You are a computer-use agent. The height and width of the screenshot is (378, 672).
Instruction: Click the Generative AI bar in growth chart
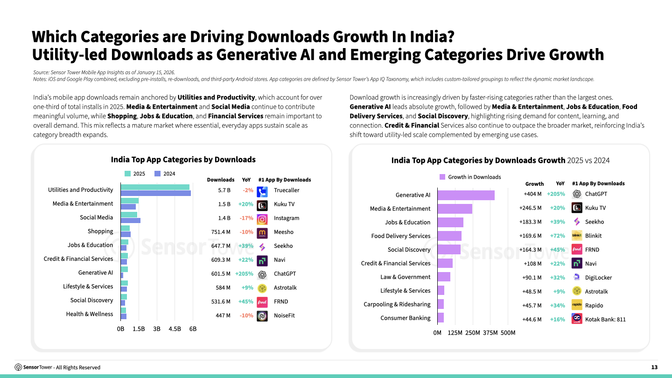(x=466, y=195)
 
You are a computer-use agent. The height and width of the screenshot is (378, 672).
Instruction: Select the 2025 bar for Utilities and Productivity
(x=155, y=187)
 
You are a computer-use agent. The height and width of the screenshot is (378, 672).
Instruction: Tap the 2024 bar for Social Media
(x=130, y=220)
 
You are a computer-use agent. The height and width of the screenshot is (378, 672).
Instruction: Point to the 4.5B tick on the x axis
(x=175, y=329)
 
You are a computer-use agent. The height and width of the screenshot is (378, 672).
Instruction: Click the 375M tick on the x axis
(x=490, y=333)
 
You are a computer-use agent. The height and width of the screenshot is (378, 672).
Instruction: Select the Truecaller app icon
(x=262, y=190)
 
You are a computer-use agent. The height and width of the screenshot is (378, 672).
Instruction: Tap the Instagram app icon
(x=262, y=218)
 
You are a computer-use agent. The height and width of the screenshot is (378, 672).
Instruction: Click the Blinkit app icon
(x=577, y=236)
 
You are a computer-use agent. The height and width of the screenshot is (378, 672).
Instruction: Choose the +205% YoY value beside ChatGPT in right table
(x=556, y=194)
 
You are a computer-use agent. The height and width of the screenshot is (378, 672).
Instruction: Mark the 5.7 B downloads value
(x=224, y=190)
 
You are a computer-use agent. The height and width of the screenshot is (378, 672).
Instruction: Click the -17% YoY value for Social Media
(x=246, y=218)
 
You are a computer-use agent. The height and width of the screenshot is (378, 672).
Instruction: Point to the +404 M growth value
(x=532, y=194)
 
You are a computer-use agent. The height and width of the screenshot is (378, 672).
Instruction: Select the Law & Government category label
(x=405, y=277)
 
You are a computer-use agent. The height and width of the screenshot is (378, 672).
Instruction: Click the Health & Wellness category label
(x=89, y=314)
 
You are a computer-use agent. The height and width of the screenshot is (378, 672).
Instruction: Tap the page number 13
(x=654, y=367)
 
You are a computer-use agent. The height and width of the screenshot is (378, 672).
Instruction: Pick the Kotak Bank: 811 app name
(x=605, y=320)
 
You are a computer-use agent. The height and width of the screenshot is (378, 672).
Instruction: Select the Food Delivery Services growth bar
(x=449, y=236)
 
